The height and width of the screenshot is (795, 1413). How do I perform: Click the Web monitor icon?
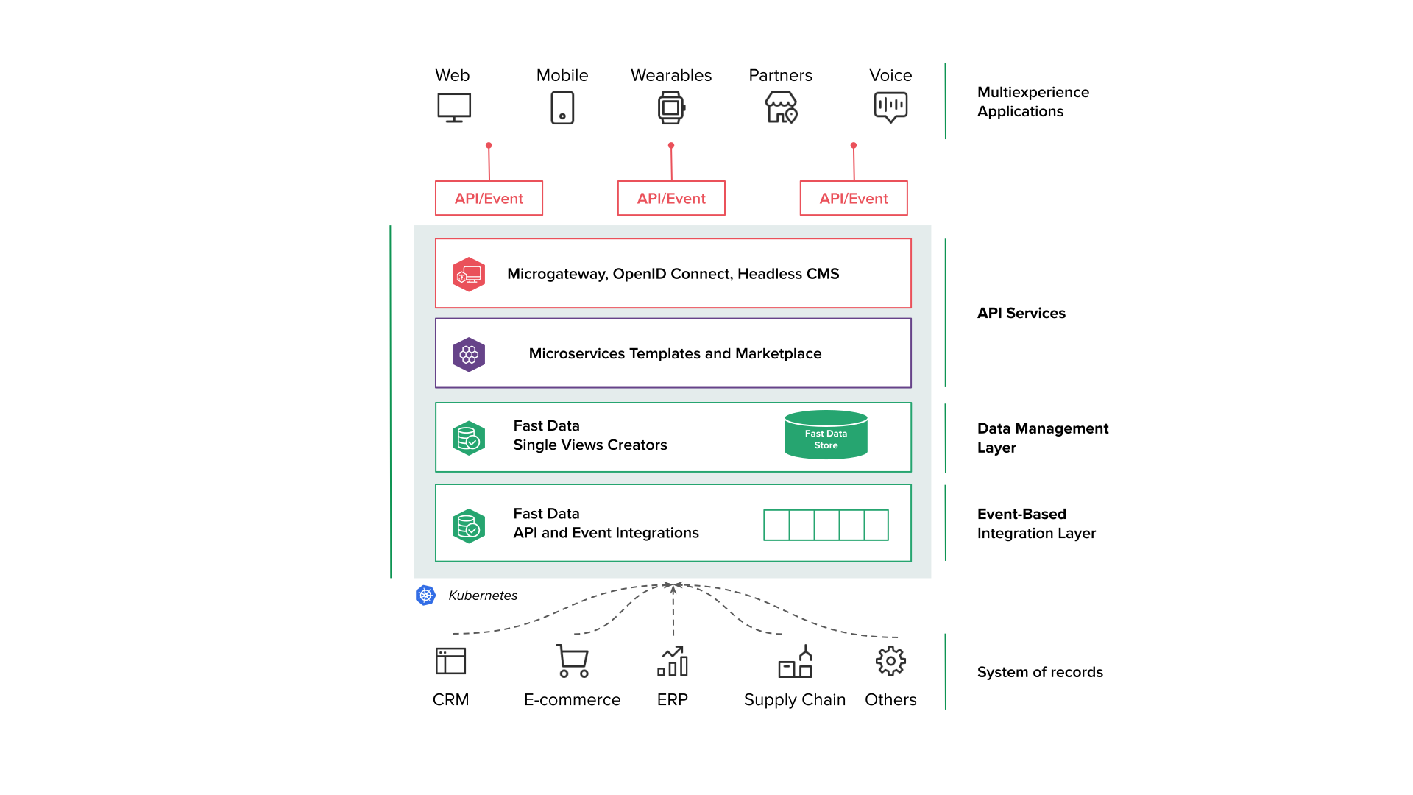454,107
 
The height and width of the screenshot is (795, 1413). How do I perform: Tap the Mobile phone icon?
562,107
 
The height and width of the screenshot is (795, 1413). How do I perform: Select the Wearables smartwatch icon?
671,107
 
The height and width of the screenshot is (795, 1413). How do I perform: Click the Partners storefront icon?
781,107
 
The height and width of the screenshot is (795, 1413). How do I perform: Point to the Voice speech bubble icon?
890,107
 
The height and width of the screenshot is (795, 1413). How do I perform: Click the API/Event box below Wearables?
671,198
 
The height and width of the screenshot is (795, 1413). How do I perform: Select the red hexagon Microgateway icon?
469,275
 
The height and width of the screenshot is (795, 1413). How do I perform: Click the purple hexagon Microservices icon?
469,355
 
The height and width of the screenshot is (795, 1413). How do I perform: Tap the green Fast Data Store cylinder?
826,435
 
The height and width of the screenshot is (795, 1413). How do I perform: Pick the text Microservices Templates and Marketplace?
675,354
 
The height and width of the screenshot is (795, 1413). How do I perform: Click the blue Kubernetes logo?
425,595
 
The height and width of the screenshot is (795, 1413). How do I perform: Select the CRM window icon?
450,661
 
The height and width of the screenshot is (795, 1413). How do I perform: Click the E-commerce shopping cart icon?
573,661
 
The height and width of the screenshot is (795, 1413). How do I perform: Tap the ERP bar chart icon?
673,661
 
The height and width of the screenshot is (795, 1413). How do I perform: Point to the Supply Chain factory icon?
795,662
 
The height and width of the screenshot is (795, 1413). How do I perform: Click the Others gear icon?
890,661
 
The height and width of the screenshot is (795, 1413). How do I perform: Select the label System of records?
1040,672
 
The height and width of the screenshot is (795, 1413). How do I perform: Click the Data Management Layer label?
1042,438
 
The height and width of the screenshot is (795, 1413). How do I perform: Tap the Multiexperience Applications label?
1033,102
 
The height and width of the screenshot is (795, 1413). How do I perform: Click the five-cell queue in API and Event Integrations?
826,525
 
